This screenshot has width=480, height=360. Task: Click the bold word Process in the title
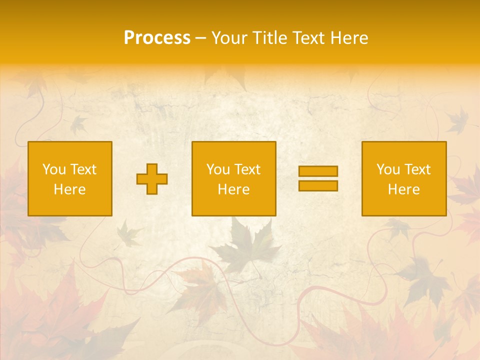tap(157, 38)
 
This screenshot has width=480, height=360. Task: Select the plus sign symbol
tap(152, 179)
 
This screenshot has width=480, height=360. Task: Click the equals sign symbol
tap(318, 178)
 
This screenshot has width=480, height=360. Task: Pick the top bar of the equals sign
tap(318, 171)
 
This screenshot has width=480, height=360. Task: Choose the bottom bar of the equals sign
tap(318, 185)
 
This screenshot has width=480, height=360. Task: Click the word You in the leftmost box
tap(54, 169)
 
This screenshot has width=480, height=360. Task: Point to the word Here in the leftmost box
tap(69, 189)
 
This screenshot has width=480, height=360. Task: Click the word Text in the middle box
tap(247, 169)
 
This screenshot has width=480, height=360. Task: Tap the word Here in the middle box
tap(233, 189)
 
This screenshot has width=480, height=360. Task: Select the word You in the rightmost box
tap(388, 169)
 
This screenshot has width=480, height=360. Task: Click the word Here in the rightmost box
tap(403, 189)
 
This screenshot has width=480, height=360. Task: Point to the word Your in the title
tap(228, 38)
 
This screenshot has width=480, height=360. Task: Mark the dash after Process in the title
tap(200, 38)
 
